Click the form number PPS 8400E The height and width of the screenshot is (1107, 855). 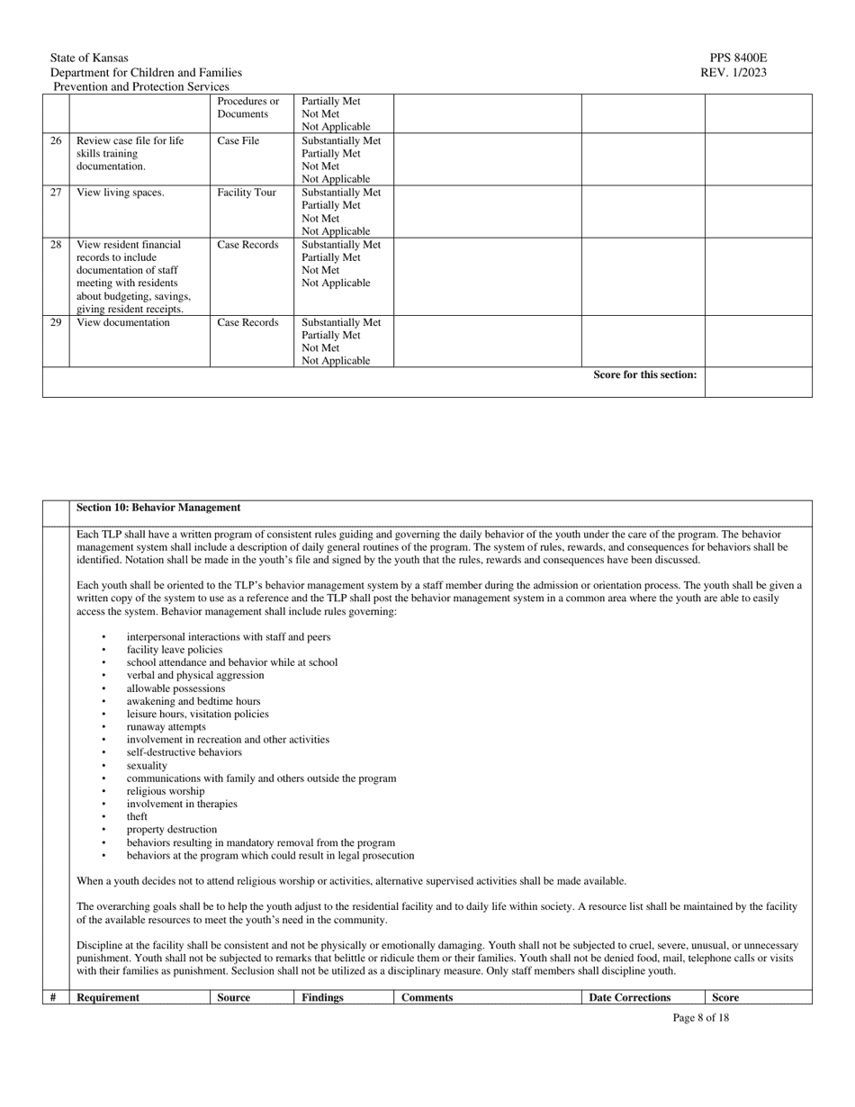[738, 58]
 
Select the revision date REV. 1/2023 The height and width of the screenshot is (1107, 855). [733, 73]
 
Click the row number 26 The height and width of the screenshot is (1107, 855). [56, 141]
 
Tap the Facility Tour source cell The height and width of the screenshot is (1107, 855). [247, 193]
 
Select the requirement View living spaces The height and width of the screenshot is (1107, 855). [121, 193]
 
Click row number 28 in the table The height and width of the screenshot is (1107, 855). [56, 245]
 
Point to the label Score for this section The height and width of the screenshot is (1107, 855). [644, 375]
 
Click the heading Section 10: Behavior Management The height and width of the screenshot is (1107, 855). [158, 508]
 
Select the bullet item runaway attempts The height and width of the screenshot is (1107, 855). [166, 726]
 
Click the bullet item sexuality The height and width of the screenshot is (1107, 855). [147, 765]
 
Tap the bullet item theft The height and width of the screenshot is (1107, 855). [137, 816]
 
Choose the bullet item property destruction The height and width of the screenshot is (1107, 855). [171, 829]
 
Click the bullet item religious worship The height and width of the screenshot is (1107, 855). [165, 791]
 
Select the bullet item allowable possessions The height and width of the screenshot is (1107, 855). [175, 688]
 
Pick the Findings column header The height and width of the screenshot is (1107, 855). [322, 997]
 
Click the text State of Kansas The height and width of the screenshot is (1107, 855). [89, 58]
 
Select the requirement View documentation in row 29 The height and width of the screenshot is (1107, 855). [123, 322]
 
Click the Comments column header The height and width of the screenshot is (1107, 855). [427, 997]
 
